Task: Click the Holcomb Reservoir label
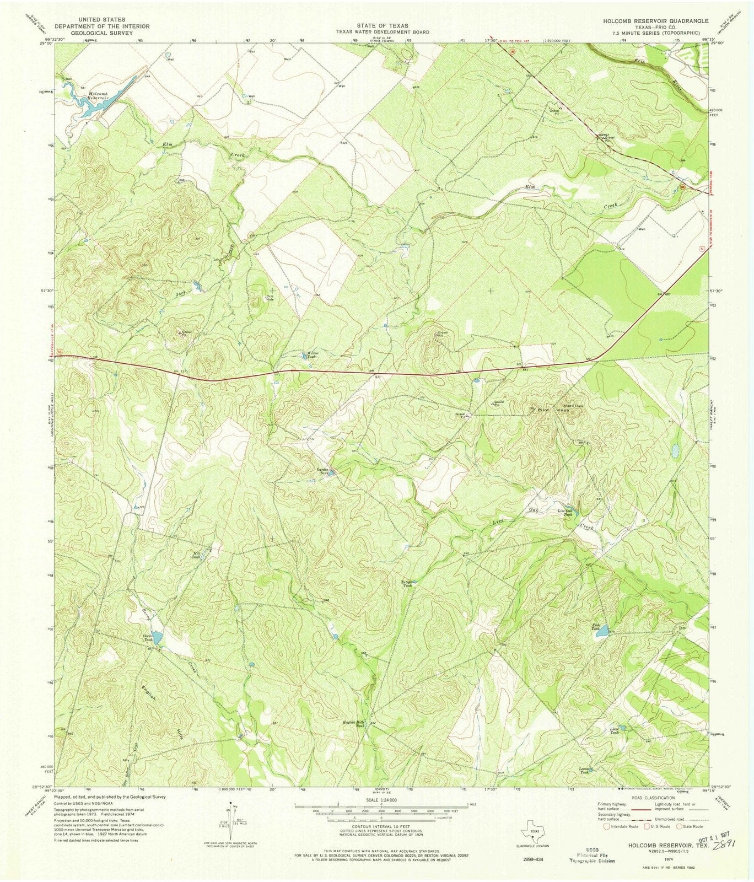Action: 98,94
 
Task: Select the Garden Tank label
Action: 322,471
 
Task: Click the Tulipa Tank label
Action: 407,583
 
